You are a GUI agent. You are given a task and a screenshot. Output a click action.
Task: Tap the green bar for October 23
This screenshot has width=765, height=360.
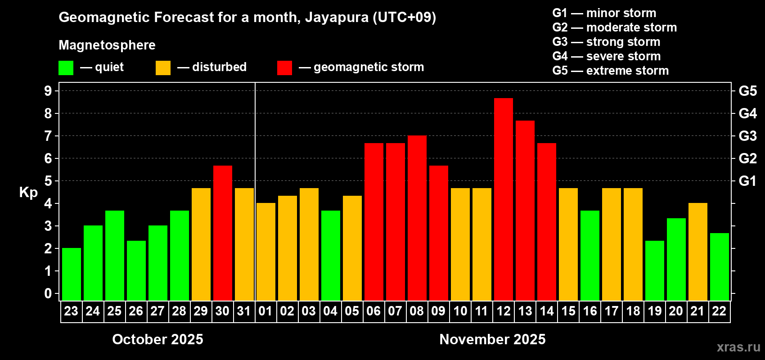(72, 274)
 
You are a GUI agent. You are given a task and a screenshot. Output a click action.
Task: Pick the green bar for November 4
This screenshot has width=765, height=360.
(331, 256)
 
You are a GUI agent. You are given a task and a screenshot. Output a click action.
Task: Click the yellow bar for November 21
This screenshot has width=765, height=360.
(698, 252)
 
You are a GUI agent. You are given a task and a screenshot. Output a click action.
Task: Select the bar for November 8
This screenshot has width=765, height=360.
(417, 218)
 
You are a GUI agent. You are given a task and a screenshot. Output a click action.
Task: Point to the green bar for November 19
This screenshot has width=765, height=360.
(655, 270)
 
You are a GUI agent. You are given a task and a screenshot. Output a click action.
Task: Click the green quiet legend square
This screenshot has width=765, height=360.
(66, 68)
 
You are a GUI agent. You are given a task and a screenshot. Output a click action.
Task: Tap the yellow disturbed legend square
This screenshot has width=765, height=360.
(163, 68)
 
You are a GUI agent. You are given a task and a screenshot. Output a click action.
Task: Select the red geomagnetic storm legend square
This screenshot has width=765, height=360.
(285, 68)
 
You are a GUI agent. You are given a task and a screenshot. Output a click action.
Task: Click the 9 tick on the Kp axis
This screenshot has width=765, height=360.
(48, 91)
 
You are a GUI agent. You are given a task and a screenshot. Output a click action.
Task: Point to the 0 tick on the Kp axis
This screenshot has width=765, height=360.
(48, 293)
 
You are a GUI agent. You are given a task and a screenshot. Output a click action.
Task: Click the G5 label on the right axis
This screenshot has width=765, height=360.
(747, 91)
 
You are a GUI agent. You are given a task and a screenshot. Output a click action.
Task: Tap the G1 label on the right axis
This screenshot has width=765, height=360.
(747, 181)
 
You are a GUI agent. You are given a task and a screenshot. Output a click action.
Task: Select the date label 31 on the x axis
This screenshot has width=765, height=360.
(244, 311)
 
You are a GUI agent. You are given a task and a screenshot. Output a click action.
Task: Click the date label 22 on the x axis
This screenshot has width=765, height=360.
(719, 311)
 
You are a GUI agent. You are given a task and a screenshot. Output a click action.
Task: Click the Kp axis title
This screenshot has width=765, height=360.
(28, 192)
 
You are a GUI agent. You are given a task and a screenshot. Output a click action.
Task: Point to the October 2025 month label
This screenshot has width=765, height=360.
(157, 339)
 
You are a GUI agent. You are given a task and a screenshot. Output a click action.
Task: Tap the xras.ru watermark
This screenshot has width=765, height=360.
(738, 346)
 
